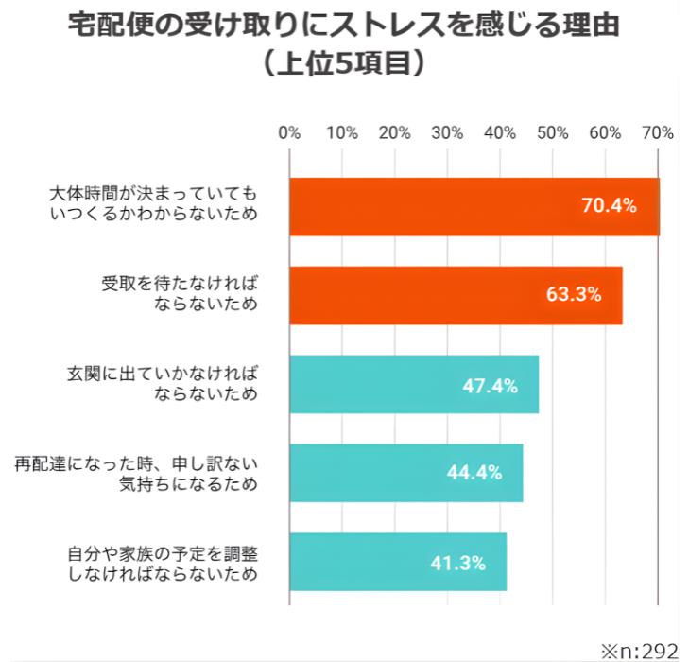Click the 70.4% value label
[x=609, y=206]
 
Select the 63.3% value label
[x=574, y=294]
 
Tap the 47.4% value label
[x=490, y=385]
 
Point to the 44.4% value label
[x=474, y=473]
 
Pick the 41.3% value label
[x=457, y=563]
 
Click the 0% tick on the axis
[x=289, y=132]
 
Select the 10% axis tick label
[x=341, y=132]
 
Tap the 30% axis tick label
[x=447, y=132]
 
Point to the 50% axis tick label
[x=552, y=132]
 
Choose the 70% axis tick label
[x=656, y=132]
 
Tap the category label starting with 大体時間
[x=153, y=204]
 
